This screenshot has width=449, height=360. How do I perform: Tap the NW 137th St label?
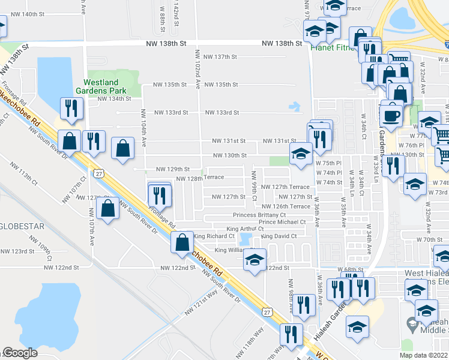(221, 57)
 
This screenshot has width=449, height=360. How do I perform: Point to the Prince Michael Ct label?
(282, 222)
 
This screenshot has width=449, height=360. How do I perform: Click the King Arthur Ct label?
(249, 229)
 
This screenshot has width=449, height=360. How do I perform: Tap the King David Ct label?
(279, 236)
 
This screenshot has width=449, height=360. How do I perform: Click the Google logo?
(20, 353)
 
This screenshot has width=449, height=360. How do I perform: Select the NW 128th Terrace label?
(200, 178)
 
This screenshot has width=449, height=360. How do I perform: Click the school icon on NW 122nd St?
(255, 260)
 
